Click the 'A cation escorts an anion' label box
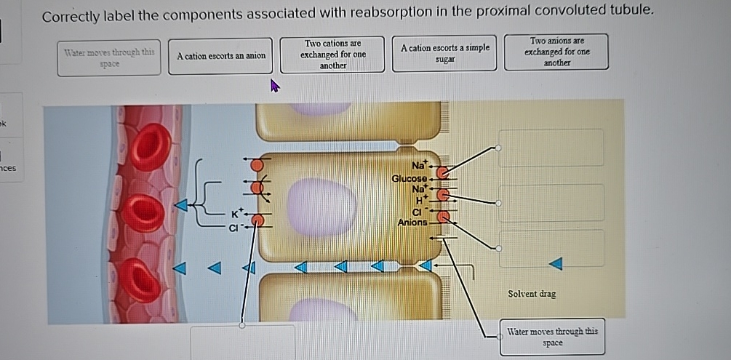[x=221, y=56]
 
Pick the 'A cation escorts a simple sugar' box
[x=444, y=53]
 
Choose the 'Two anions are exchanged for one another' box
[x=557, y=52]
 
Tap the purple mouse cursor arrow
[x=275, y=87]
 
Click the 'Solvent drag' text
[x=532, y=294]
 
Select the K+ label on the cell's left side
[x=237, y=214]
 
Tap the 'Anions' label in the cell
[x=412, y=223]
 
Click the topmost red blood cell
[x=151, y=147]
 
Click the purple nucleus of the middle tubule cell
[x=321, y=207]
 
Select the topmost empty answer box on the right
[x=551, y=148]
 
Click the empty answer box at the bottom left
[x=243, y=342]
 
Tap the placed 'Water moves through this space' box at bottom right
[x=552, y=337]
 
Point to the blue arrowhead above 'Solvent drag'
[x=555, y=262]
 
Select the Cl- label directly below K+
[x=235, y=228]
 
